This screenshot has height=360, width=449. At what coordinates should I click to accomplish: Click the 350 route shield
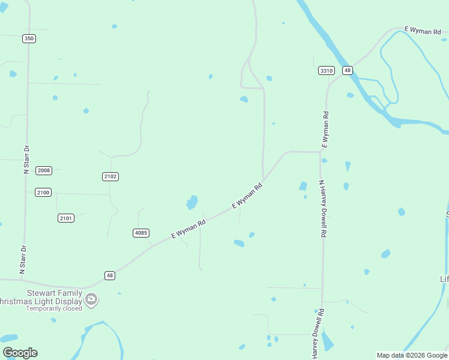(x=29, y=38)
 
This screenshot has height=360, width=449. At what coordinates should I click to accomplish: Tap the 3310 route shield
(x=326, y=70)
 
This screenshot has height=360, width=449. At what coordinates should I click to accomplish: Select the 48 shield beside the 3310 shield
(x=348, y=70)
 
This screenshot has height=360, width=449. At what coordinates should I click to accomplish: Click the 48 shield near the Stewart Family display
(x=109, y=275)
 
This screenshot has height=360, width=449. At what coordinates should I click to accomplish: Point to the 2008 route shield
(x=44, y=170)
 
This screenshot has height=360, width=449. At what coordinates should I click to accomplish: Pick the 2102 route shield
(x=110, y=176)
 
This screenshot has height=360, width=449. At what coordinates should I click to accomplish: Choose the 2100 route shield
(x=43, y=192)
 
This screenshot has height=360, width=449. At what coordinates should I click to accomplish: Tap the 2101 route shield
(x=66, y=218)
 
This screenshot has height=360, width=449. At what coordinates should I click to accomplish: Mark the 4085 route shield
(x=140, y=233)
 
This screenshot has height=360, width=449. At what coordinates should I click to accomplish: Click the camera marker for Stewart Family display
(x=91, y=299)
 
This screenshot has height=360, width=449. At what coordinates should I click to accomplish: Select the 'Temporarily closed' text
(x=53, y=309)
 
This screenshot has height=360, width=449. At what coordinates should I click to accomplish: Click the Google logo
(x=20, y=353)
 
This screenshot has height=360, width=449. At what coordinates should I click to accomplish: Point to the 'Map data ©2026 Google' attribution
(x=412, y=355)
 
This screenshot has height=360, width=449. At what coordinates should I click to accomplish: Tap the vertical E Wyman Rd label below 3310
(x=325, y=130)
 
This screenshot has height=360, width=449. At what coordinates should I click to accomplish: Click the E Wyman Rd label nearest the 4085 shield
(x=188, y=229)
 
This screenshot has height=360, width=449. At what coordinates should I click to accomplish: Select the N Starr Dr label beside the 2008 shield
(x=26, y=159)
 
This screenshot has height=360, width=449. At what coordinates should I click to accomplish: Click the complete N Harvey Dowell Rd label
(x=322, y=209)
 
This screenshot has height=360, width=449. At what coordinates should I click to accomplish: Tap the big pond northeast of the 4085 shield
(x=192, y=202)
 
